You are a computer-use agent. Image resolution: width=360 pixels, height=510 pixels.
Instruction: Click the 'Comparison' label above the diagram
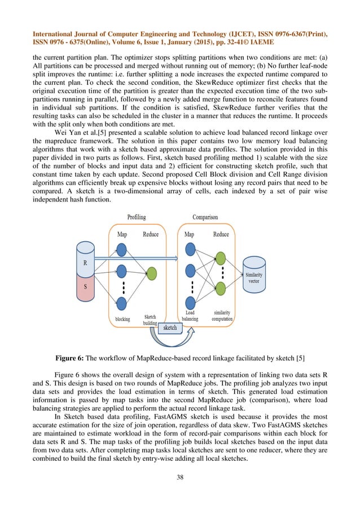pos(206,217)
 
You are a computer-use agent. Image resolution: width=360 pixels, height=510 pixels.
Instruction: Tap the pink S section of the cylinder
pos(85,287)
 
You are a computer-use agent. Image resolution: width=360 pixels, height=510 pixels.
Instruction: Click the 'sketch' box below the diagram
pos(170,328)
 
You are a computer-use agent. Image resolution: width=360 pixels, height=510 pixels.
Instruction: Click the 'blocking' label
pos(122,320)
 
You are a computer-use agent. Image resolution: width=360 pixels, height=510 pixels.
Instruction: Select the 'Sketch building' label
pos(150,320)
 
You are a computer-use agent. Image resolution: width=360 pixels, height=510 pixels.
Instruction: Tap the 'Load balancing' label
pos(189,316)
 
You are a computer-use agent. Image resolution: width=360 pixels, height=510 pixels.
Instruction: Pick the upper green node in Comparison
pos(221,258)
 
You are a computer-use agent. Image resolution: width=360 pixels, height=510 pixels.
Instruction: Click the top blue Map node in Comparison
pos(190,249)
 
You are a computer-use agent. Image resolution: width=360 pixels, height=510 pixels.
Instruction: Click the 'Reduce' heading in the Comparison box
pos(221,234)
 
